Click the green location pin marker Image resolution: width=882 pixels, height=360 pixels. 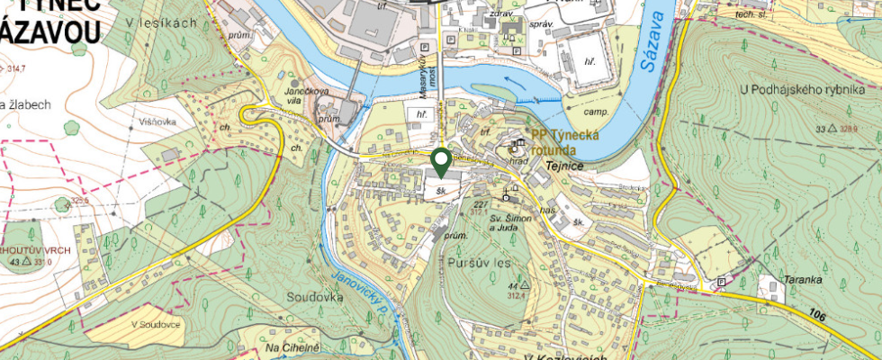click(x=441, y=162)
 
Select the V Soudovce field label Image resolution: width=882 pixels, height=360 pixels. click(x=157, y=324)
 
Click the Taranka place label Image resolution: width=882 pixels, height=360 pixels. click(x=804, y=279)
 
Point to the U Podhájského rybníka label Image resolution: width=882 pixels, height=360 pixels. click(x=801, y=90)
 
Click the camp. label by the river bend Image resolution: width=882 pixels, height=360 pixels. click(x=596, y=112)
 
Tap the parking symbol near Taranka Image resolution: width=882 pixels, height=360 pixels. click(x=721, y=283)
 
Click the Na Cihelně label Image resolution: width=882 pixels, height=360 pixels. click(x=292, y=346)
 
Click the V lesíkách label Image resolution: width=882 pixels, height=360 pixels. click(x=162, y=22)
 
